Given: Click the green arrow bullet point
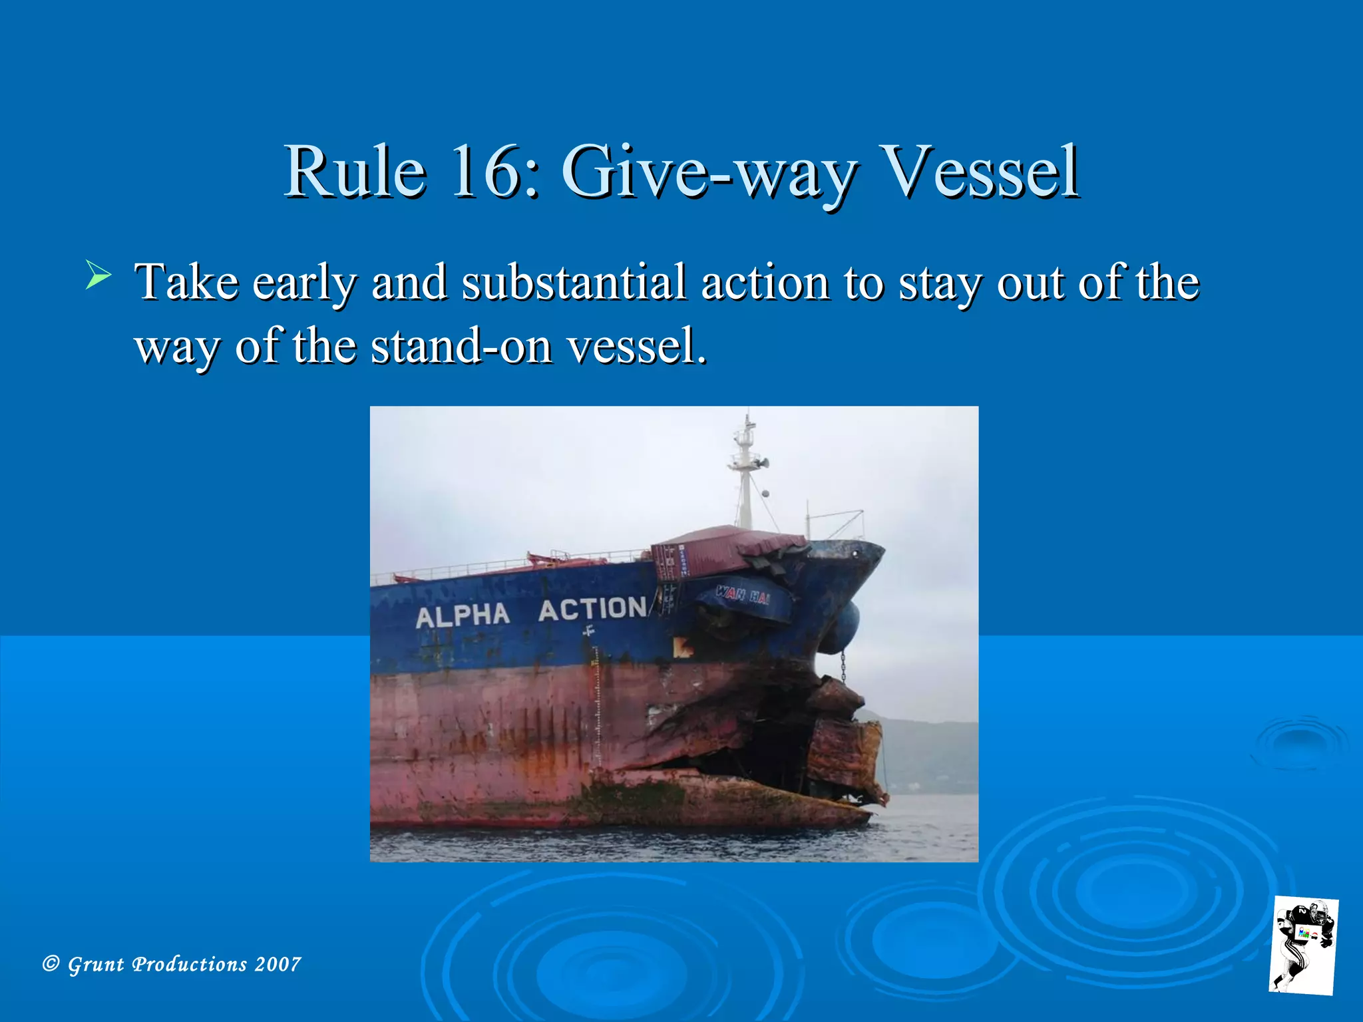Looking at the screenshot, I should (98, 275).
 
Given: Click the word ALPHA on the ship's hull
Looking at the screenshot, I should (463, 615).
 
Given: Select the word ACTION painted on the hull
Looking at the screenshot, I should (592, 609).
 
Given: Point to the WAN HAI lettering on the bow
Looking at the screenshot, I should (743, 594).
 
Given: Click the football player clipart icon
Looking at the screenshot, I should (1304, 945).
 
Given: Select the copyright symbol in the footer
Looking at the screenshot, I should (51, 963).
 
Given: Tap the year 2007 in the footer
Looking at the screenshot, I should (278, 964).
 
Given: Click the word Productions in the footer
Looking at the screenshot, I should (189, 964).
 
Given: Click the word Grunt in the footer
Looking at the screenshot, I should (96, 964).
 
